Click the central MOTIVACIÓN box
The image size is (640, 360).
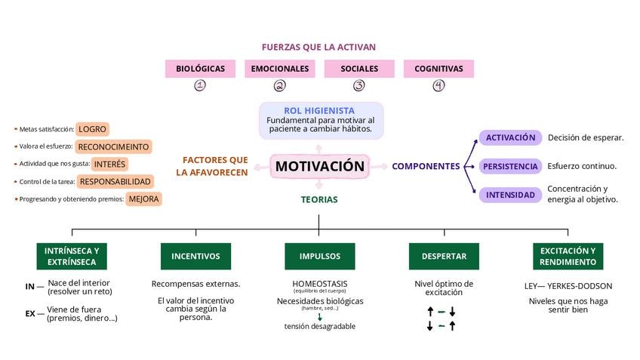click(x=320, y=166)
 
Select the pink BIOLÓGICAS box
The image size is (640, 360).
click(x=200, y=69)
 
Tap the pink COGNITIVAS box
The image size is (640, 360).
click(x=438, y=69)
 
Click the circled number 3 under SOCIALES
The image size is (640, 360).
click(x=359, y=85)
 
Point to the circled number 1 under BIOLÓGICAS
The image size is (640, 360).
click(x=200, y=85)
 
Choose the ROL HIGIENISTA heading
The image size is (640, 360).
click(x=320, y=111)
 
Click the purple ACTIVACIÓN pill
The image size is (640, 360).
click(x=510, y=138)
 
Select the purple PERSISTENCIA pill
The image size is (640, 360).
click(x=510, y=166)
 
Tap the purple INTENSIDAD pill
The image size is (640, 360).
click(x=510, y=195)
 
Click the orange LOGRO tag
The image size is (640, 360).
click(x=93, y=129)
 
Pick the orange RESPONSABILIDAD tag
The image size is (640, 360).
click(x=115, y=181)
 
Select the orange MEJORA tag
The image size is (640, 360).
click(x=143, y=199)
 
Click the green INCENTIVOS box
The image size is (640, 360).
click(x=195, y=256)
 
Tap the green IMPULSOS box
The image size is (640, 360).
click(x=319, y=256)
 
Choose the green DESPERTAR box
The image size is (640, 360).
click(x=444, y=256)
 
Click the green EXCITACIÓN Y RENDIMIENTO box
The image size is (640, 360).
click(x=568, y=256)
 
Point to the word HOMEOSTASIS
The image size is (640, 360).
click(x=319, y=284)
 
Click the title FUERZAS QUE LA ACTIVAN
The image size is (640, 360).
click(x=318, y=47)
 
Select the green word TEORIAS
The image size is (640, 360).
click(x=319, y=200)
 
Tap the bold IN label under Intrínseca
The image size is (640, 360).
click(x=30, y=287)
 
